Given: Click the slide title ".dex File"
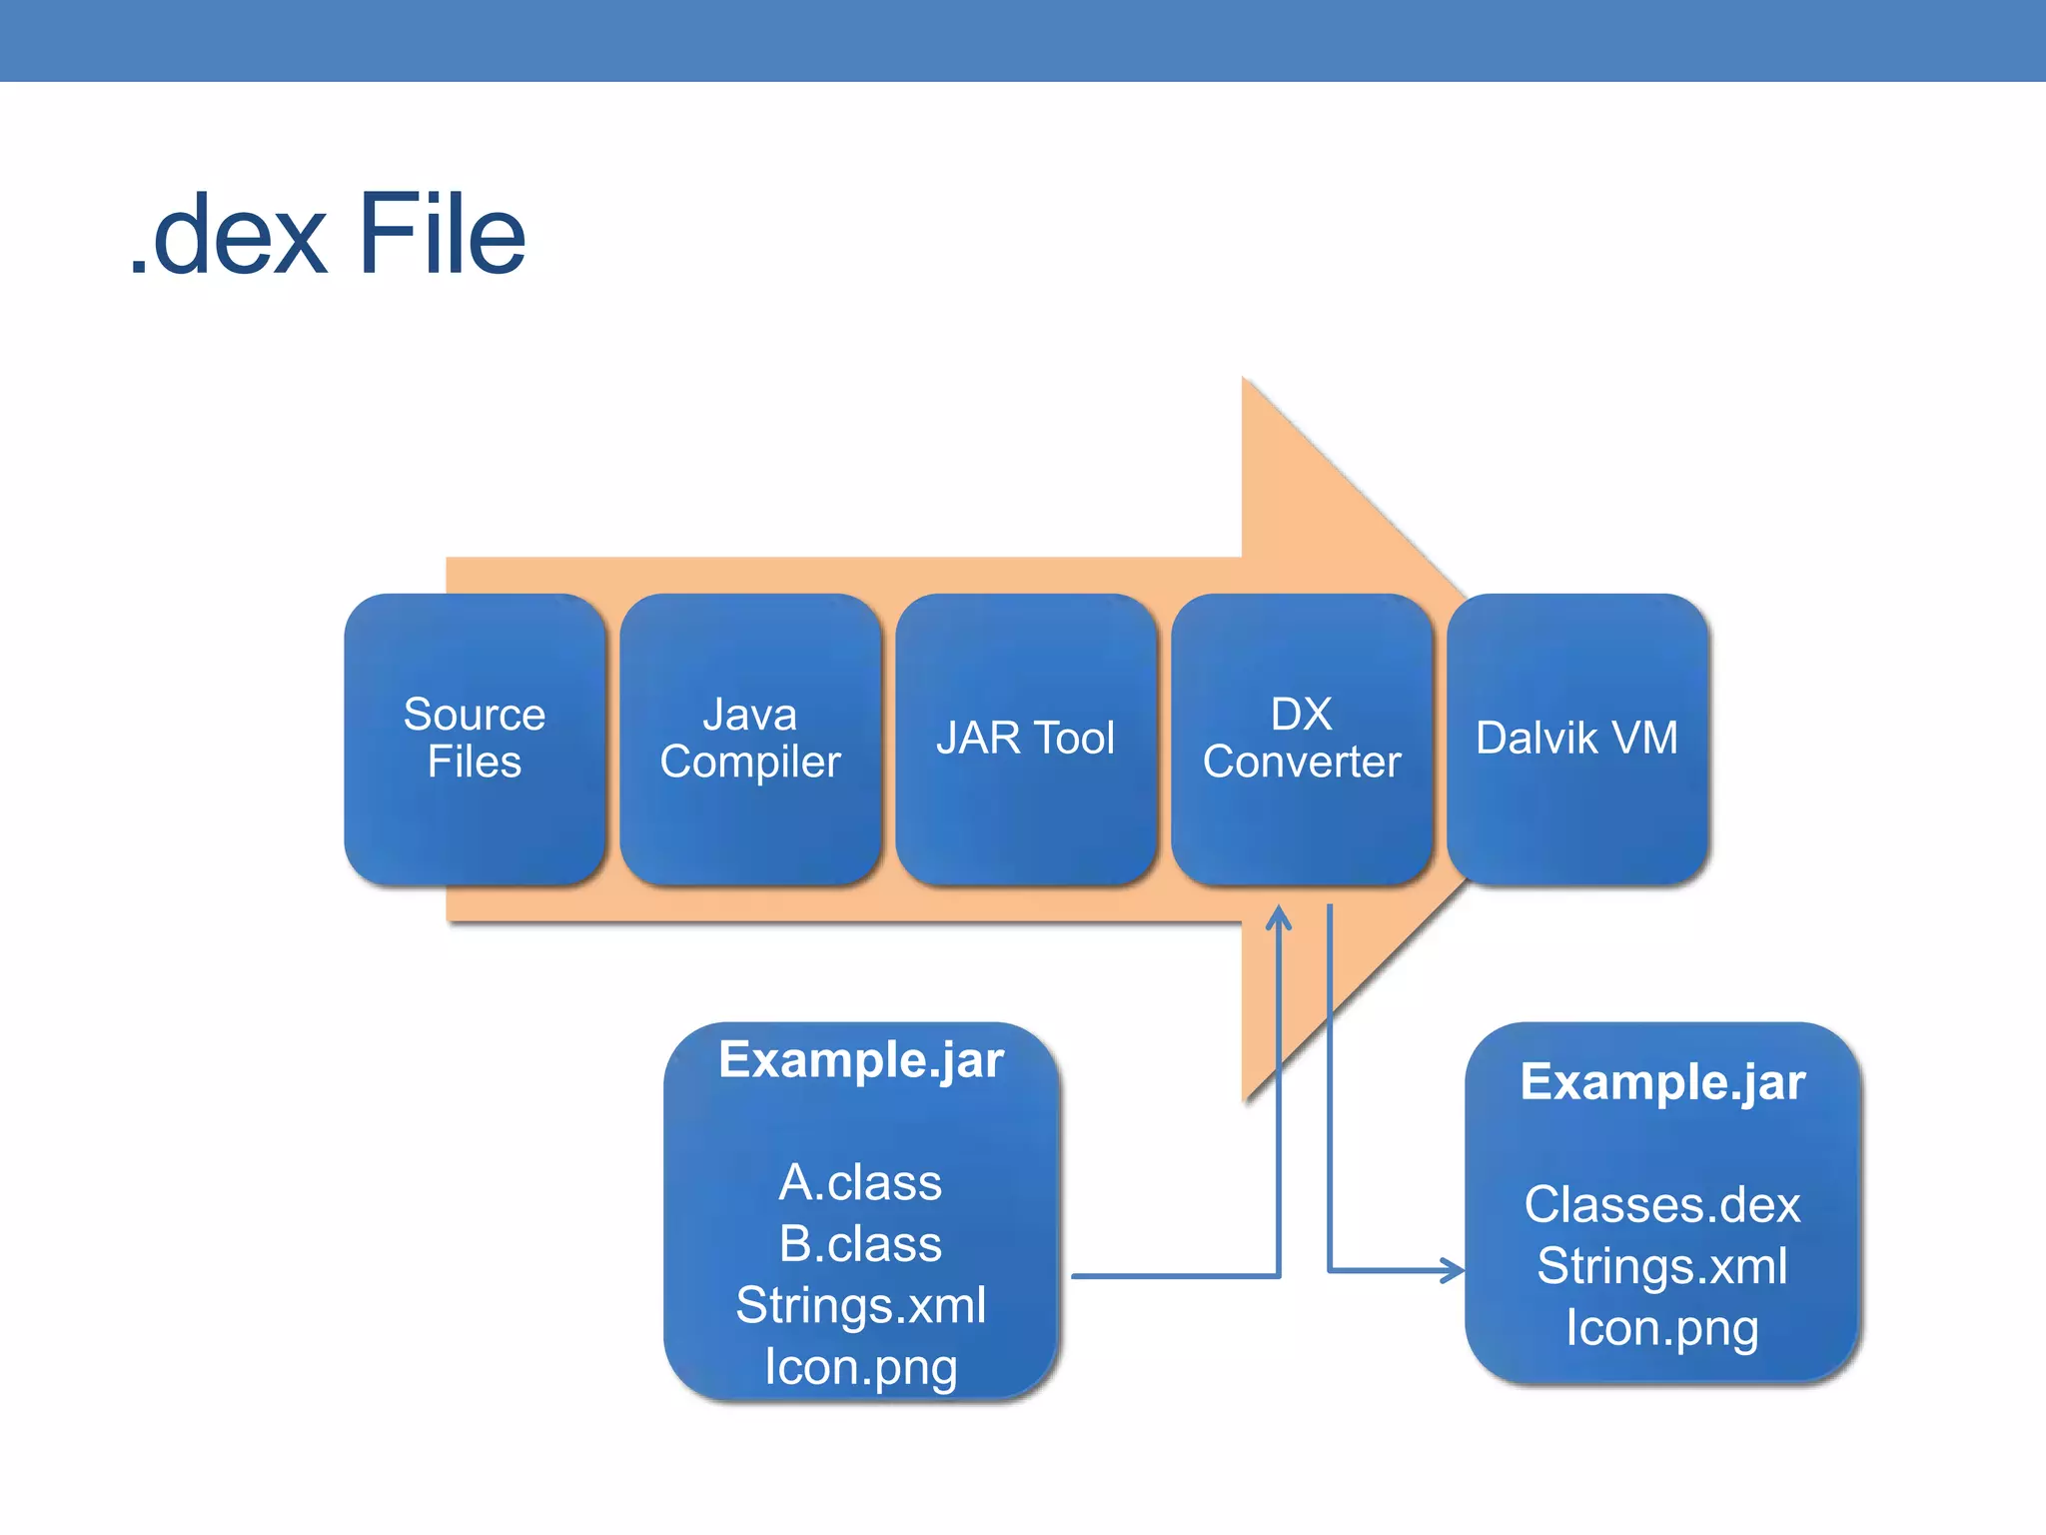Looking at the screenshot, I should click(328, 236).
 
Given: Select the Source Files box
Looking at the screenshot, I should click(475, 739).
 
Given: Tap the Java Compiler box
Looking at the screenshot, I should click(750, 739).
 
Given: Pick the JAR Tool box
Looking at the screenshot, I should click(1026, 739).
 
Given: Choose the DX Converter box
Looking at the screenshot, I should click(1302, 739).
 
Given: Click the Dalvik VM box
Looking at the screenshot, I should click(1577, 739).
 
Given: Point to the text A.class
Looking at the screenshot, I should click(860, 1183).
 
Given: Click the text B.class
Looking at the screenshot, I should click(860, 1244).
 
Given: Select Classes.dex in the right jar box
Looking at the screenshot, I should click(1661, 1205).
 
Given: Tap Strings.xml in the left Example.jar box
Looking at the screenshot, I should click(860, 1306).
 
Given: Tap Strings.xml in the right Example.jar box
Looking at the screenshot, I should click(1661, 1267).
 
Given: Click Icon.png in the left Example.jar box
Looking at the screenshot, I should click(860, 1367).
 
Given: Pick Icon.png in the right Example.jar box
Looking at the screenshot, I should click(1661, 1329).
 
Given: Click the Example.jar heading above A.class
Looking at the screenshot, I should click(860, 1060).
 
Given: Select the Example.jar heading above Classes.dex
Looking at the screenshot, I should click(1661, 1082).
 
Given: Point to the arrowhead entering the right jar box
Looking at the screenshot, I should click(1454, 1271).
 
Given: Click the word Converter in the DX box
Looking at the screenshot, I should click(1302, 763).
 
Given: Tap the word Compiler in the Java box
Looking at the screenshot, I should click(750, 763).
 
